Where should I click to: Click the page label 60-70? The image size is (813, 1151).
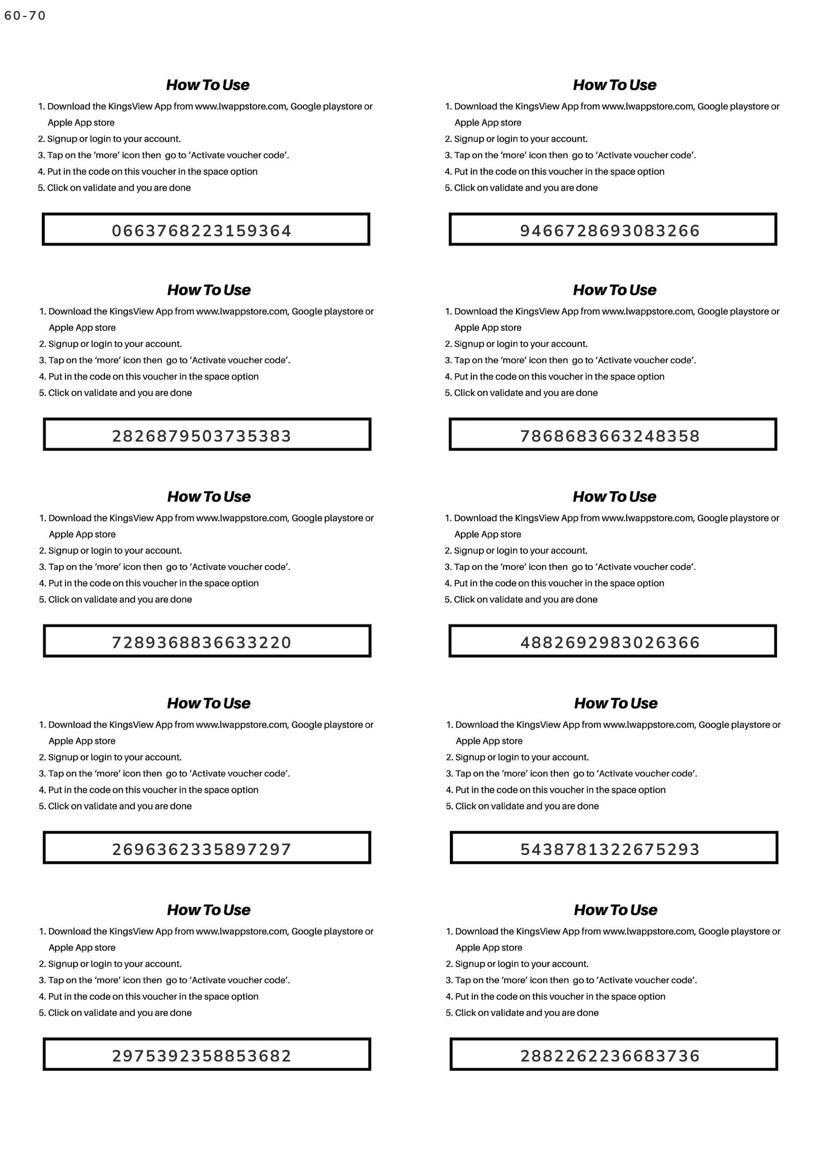tap(25, 16)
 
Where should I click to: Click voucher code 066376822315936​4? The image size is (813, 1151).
tap(201, 231)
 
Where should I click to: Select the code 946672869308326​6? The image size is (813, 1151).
tap(610, 231)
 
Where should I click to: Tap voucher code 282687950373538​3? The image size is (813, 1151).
tap(201, 435)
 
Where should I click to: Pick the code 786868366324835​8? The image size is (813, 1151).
tap(610, 435)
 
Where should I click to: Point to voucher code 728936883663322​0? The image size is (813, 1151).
tap(201, 642)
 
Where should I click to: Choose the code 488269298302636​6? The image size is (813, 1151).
tap(610, 642)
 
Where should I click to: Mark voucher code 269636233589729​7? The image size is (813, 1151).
tap(201, 849)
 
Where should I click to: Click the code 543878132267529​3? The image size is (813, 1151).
tap(610, 849)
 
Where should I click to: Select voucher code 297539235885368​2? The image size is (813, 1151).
tap(201, 1056)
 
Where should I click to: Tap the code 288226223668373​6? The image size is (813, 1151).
tap(610, 1056)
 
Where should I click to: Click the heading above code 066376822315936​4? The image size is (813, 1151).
tap(208, 85)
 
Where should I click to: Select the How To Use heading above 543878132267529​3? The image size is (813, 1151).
tap(616, 703)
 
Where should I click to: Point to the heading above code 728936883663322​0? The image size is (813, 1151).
tap(209, 496)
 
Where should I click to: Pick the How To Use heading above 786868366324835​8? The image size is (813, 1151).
tap(615, 290)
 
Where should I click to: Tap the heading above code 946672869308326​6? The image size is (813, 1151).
tap(615, 85)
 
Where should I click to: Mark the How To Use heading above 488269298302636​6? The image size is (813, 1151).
tap(615, 496)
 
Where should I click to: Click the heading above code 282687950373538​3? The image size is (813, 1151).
tap(209, 290)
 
